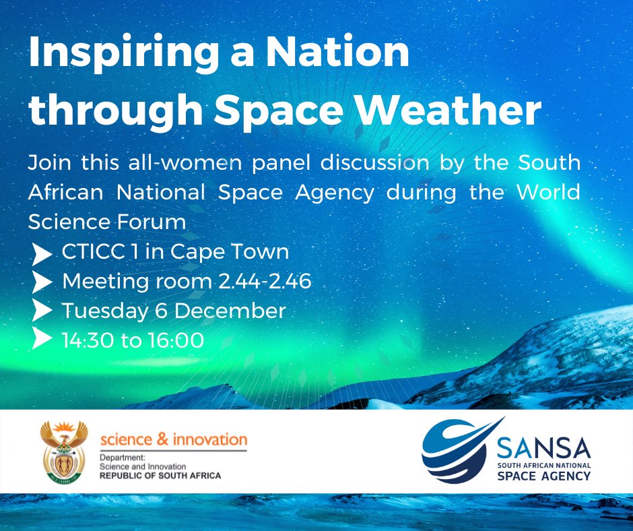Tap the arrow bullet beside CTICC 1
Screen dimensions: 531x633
(x=42, y=254)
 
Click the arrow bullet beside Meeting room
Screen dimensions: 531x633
(x=42, y=283)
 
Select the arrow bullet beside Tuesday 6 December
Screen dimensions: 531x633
(x=42, y=311)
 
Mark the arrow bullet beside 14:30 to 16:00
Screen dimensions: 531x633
(x=42, y=340)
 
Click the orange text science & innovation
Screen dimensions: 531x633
(x=174, y=440)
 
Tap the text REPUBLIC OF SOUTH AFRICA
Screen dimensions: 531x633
(x=160, y=476)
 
